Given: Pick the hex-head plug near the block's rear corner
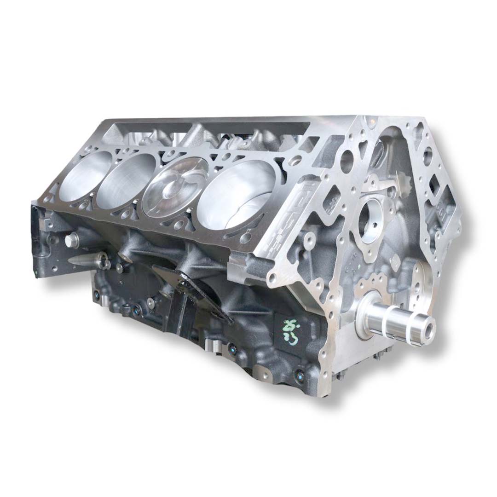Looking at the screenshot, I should click(x=71, y=240).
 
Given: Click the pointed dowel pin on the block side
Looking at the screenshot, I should click(x=85, y=260).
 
